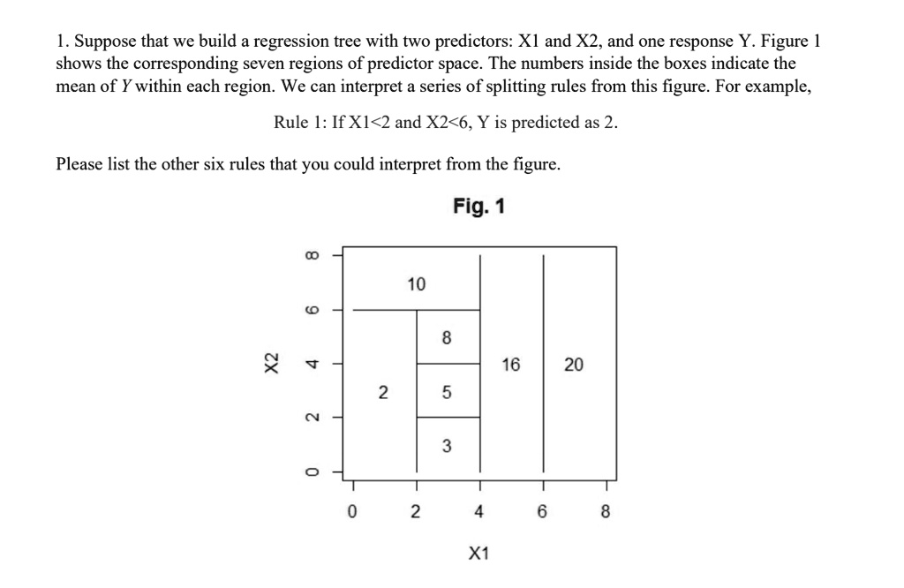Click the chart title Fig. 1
tap(479, 207)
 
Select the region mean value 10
tap(416, 284)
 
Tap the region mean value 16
tap(511, 365)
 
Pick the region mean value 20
tap(574, 365)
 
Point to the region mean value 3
tap(447, 448)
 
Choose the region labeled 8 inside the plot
tap(447, 337)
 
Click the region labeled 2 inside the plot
tap(382, 391)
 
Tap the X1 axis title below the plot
tap(478, 554)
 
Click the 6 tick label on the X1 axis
tap(542, 511)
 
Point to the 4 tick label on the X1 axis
tap(478, 511)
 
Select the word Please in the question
tap(79, 164)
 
